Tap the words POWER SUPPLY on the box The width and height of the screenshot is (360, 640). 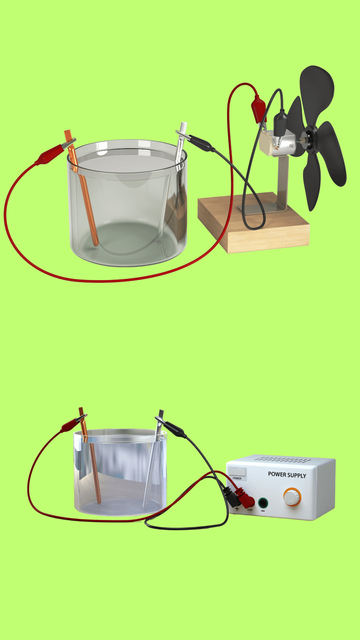(287, 475)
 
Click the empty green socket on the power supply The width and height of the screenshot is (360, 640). (263, 502)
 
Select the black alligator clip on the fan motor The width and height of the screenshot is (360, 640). (281, 122)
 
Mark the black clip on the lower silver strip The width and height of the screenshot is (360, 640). (173, 428)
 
